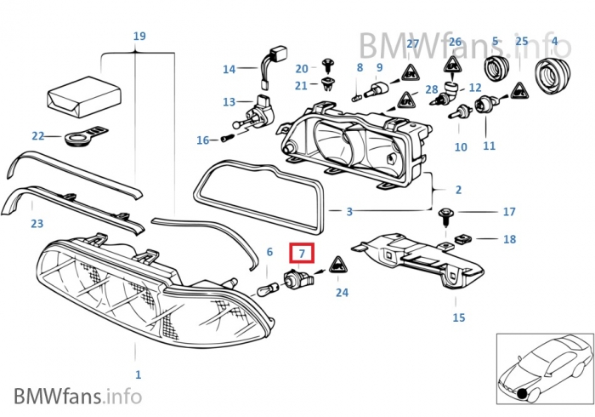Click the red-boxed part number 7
302,254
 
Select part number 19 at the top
139,36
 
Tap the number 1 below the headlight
138,374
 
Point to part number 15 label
458,317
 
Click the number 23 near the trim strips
37,224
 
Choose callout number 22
37,135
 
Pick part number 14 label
229,69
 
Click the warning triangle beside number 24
336,266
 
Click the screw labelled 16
229,137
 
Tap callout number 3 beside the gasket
348,210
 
